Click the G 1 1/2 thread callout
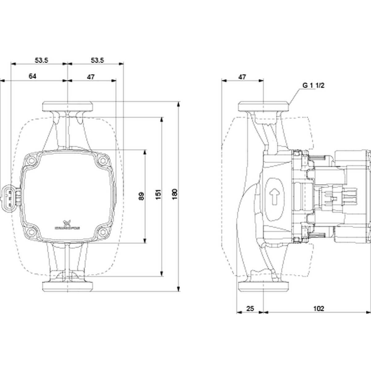pyautogui.click(x=313, y=86)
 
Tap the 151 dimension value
pyautogui.click(x=158, y=194)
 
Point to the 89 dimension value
pyautogui.click(x=141, y=197)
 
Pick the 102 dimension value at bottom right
pyautogui.click(x=318, y=308)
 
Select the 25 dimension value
pyautogui.click(x=250, y=308)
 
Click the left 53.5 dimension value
pyautogui.click(x=41, y=60)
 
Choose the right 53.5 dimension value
pyautogui.click(x=97, y=60)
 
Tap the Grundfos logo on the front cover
pyautogui.click(x=67, y=225)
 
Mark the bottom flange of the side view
pyautogui.click(x=263, y=286)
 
